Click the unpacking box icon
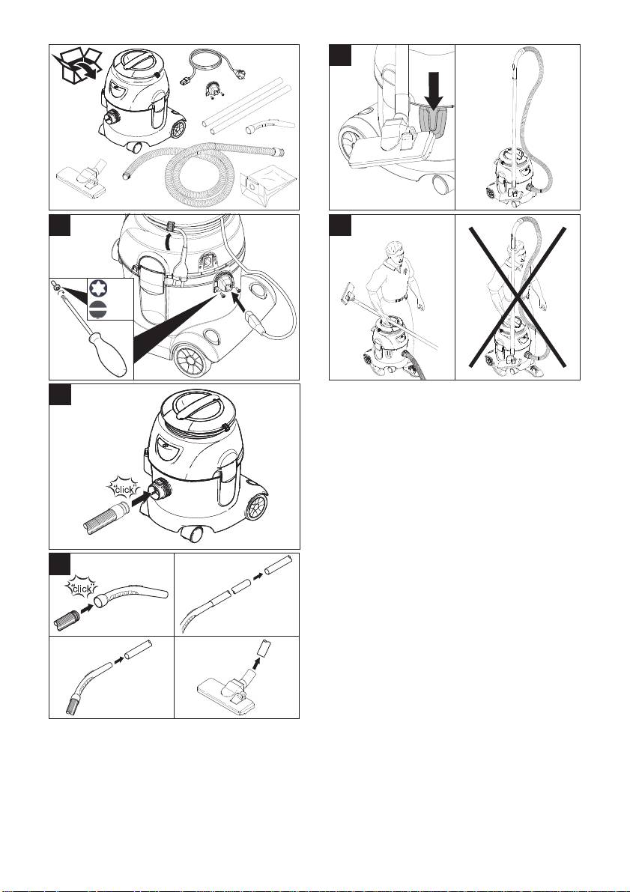click(x=77, y=67)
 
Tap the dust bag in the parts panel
click(x=267, y=186)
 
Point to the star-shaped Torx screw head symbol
click(x=98, y=290)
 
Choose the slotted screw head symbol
click(x=98, y=311)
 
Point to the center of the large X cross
click(x=518, y=297)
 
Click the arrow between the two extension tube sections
click(x=257, y=575)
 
